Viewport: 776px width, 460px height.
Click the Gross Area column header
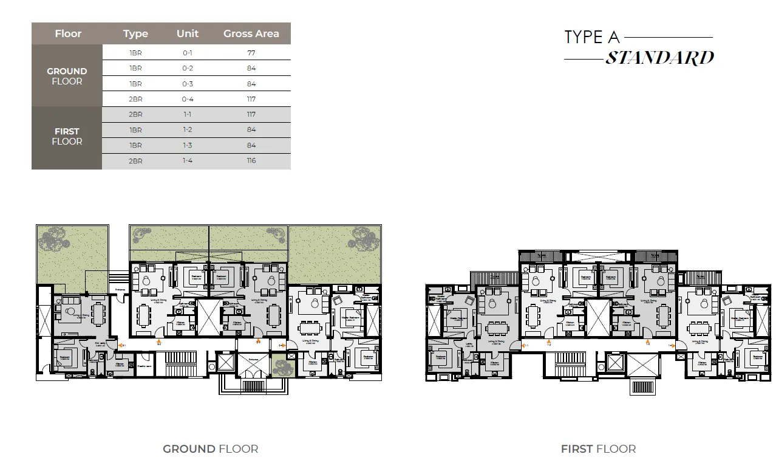251,33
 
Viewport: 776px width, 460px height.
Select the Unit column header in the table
187,33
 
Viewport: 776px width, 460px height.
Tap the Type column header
135,33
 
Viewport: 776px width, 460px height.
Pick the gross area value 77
251,53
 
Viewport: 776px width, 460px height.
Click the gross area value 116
251,160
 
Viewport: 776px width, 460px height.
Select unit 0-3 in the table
188,84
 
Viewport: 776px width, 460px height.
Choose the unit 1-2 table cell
188,129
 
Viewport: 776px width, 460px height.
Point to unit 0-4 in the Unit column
188,99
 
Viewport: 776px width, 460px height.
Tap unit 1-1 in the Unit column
188,114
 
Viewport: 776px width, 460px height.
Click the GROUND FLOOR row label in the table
67,76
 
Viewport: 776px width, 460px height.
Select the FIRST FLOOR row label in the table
67,136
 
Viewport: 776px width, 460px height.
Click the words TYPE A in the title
592,37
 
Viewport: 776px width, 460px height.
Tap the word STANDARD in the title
659,58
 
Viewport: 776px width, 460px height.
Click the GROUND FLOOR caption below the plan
210,449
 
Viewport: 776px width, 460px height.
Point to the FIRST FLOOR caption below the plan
598,449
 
